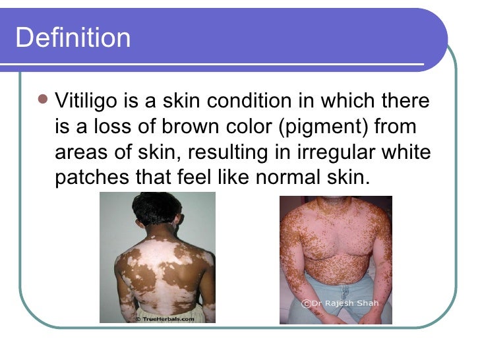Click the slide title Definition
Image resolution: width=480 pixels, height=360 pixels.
click(x=73, y=38)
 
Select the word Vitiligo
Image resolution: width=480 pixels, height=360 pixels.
click(x=86, y=102)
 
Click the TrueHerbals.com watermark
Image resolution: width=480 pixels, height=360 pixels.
click(x=165, y=318)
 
